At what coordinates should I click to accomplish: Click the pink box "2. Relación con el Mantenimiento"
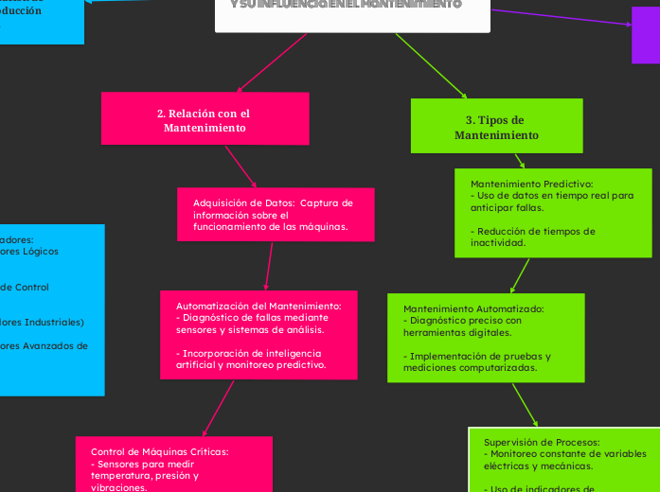point(205,118)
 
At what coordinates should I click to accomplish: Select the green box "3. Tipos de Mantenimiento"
point(496,126)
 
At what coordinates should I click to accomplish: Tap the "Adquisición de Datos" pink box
point(276,215)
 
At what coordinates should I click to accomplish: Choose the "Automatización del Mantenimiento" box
point(259,335)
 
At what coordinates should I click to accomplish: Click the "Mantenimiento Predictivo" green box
point(553,213)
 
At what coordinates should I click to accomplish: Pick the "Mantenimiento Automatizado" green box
point(485,338)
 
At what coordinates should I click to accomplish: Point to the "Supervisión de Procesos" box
point(564,461)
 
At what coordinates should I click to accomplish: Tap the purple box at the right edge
point(646,35)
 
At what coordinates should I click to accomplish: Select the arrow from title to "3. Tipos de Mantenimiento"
point(431,64)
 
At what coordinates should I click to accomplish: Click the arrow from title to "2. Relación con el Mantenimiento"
point(273,62)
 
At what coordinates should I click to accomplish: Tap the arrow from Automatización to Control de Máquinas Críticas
point(219,407)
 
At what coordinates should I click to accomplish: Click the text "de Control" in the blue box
point(26,287)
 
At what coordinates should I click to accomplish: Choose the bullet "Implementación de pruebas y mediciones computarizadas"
point(477,362)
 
